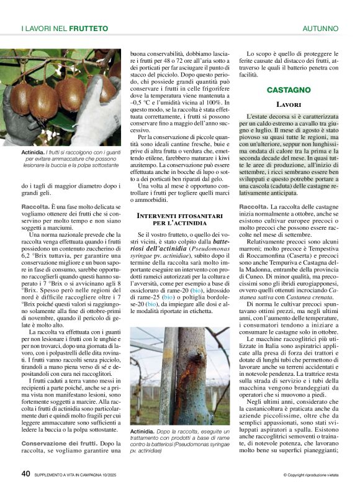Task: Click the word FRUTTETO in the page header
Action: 89,29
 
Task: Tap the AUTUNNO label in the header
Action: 320,29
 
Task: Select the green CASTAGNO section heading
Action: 289,90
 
